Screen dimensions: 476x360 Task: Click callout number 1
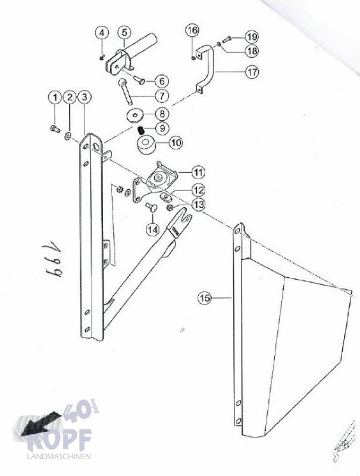(55, 97)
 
